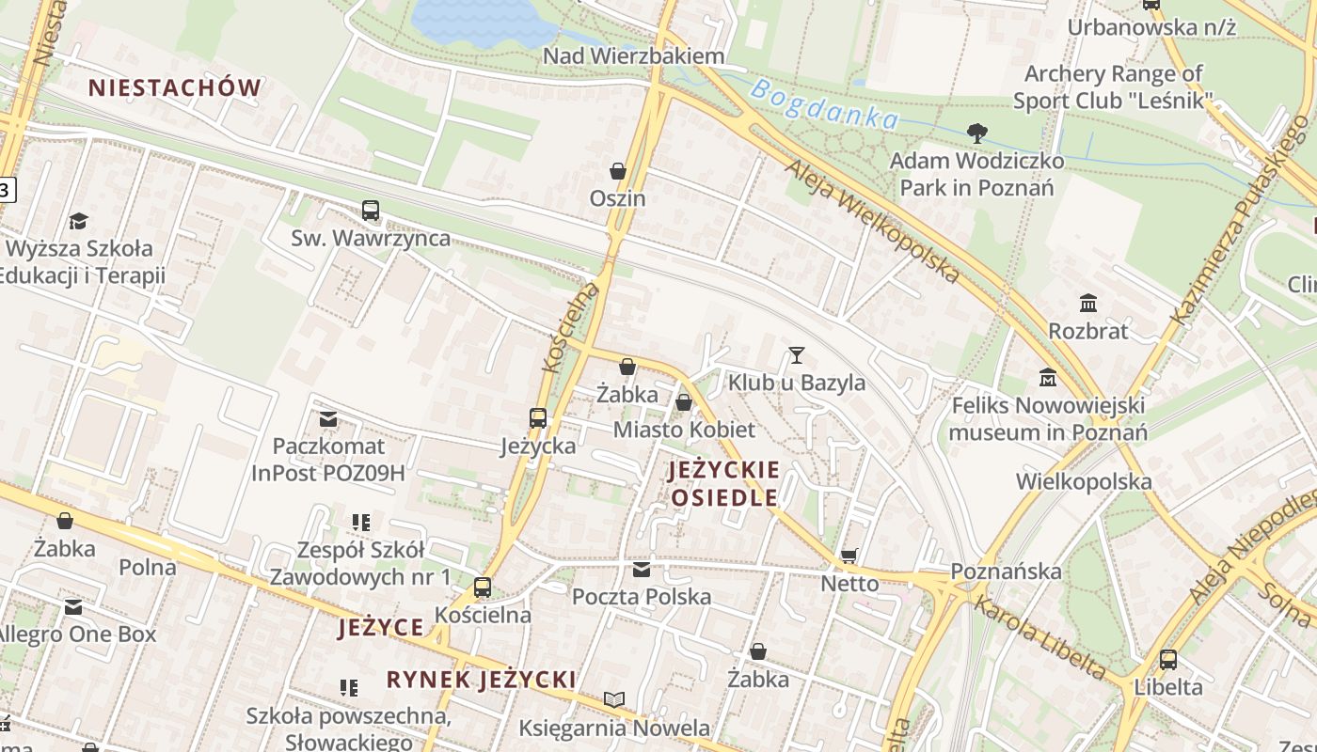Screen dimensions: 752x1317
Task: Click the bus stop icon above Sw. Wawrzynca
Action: click(371, 211)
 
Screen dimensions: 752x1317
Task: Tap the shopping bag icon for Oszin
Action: click(618, 171)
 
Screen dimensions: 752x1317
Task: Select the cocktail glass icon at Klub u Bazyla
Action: click(797, 355)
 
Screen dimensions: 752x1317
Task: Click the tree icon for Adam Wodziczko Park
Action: click(977, 133)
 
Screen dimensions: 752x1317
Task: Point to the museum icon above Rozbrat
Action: click(1088, 304)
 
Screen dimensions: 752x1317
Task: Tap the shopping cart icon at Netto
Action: click(849, 556)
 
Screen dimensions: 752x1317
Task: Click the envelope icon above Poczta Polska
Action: click(642, 569)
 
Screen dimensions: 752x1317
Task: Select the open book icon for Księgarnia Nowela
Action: click(614, 699)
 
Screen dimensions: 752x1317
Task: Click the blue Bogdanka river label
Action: click(825, 104)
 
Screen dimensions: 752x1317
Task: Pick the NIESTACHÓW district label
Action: click(175, 88)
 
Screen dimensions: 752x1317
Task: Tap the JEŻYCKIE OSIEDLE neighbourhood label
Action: click(724, 483)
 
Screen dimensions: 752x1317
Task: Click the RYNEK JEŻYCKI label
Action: click(481, 679)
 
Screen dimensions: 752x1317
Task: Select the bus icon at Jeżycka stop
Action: click(538, 418)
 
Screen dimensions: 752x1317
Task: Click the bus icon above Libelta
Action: click(1168, 660)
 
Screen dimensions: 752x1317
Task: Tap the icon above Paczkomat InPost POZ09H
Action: click(328, 418)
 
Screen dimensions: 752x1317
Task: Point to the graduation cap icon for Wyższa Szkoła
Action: click(78, 222)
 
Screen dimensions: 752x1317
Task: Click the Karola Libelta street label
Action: click(1039, 637)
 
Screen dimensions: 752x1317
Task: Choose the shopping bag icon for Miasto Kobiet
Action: click(684, 402)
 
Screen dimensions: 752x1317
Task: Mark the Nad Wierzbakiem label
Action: click(634, 56)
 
